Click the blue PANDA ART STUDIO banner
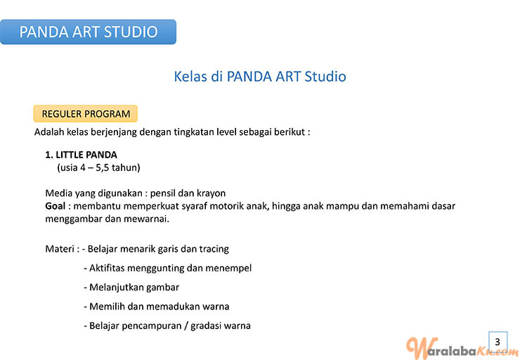88,32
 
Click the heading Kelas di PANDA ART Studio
260,77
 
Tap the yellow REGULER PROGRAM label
86,114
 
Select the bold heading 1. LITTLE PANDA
82,155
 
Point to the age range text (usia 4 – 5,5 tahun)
98,167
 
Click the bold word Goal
55,206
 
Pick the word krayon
212,193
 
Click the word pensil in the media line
163,193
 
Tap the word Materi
60,249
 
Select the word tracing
214,249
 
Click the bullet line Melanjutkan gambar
131,288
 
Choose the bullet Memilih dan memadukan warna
157,307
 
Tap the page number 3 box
498,342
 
